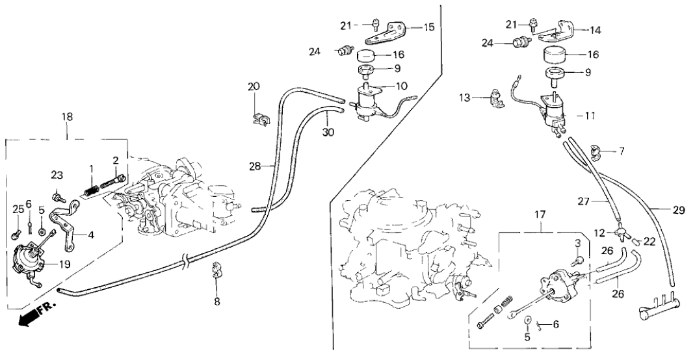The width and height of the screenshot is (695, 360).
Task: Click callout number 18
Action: click(x=68, y=116)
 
